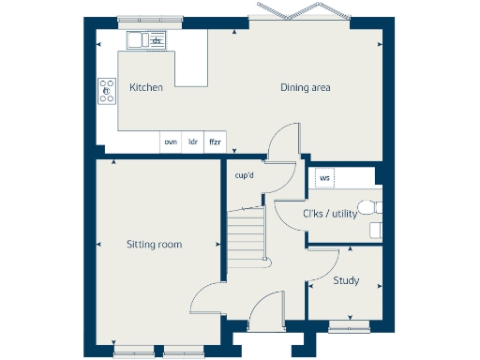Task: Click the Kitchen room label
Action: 146,87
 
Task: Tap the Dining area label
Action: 306,88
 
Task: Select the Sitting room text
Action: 154,245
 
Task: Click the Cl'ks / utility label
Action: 329,214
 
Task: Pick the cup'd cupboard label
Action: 245,175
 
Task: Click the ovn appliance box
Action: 170,142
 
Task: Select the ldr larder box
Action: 193,142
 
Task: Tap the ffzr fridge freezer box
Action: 215,142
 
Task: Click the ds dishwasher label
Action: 157,40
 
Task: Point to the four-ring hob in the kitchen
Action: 106,91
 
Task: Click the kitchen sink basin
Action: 137,39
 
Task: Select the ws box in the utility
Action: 324,176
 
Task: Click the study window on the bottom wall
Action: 348,326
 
